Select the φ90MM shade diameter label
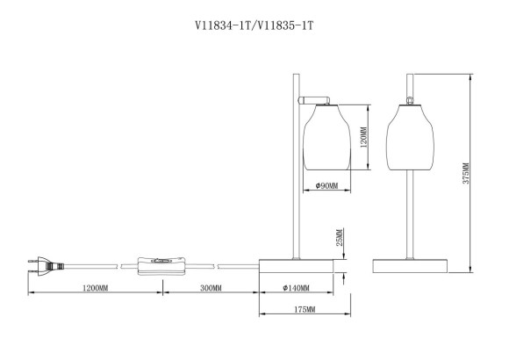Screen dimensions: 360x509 point(326,186)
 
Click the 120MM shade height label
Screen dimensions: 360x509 point(362,139)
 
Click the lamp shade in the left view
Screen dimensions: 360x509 point(326,140)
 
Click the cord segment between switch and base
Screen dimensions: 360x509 point(238,263)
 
